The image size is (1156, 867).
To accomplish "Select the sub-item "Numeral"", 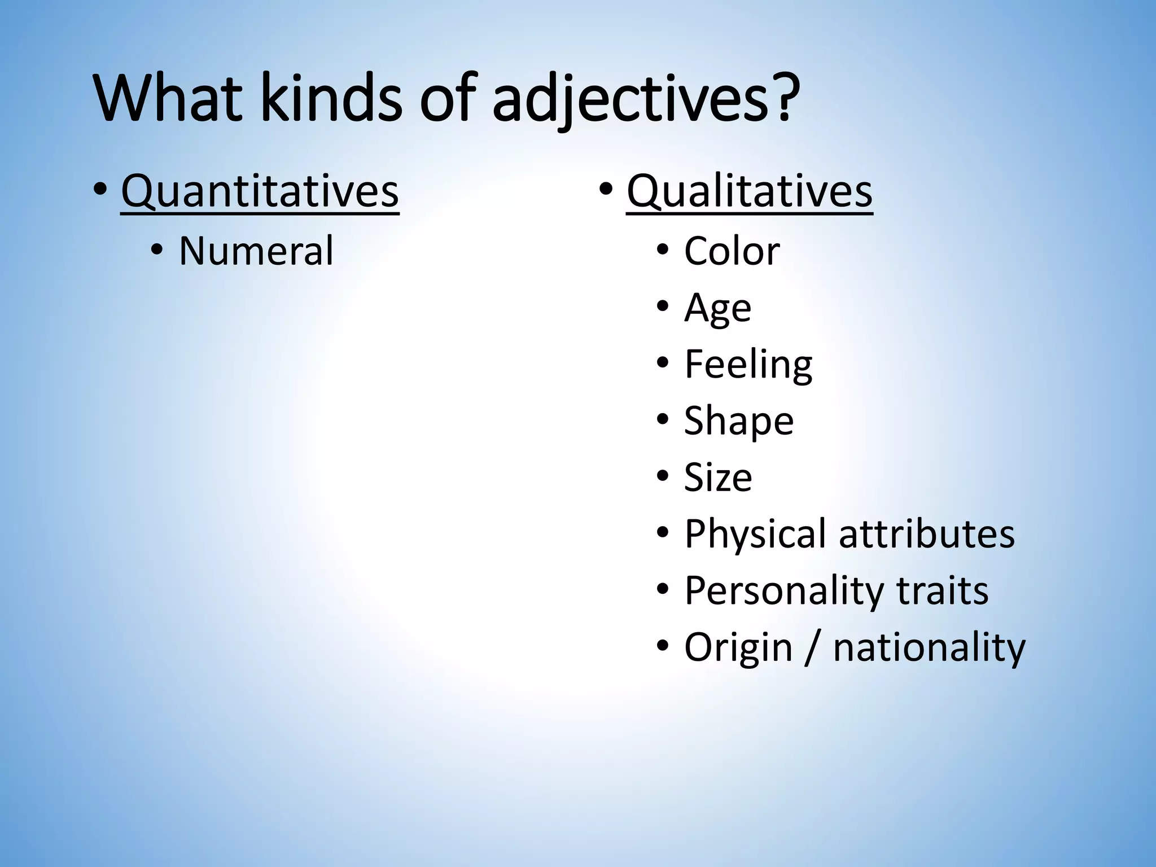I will tap(256, 251).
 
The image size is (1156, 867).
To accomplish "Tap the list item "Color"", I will tap(732, 251).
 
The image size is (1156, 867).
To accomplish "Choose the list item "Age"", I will tap(718, 308).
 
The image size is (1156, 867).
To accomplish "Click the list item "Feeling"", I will tap(748, 364).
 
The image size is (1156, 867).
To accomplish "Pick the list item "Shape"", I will tap(739, 421).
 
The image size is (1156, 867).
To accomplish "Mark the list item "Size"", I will tap(718, 478).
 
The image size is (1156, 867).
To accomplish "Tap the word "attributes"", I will tap(927, 534).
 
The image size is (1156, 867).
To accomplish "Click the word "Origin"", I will tap(738, 647).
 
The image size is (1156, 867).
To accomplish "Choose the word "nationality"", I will tap(929, 647).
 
